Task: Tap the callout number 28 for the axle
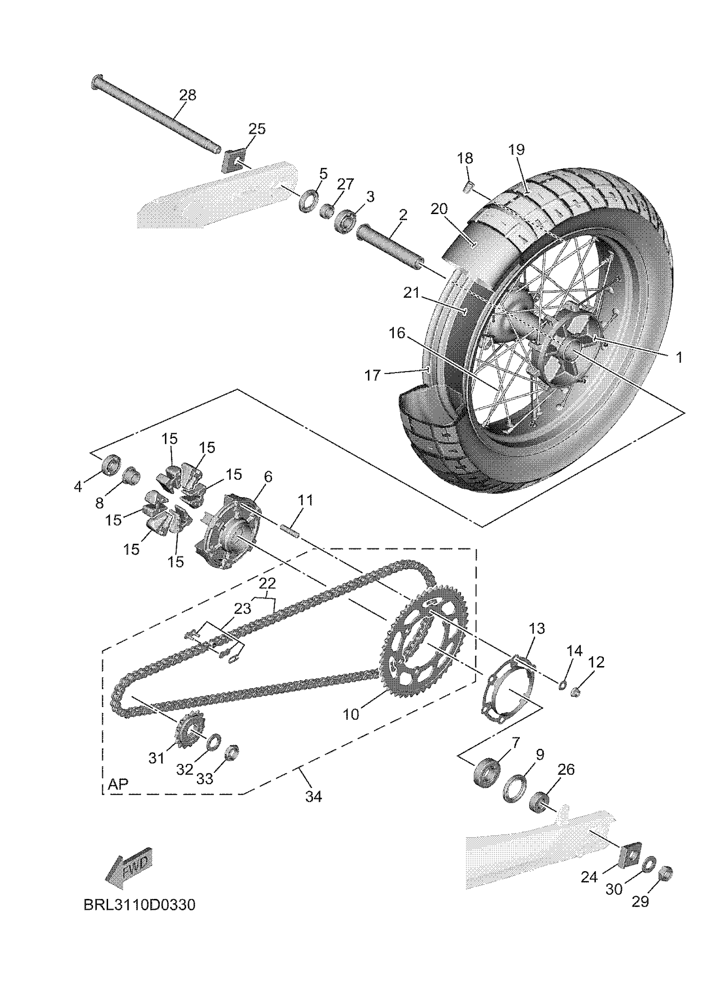pyautogui.click(x=188, y=95)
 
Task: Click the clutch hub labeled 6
pyautogui.click(x=229, y=535)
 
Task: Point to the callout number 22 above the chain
pyautogui.click(x=267, y=583)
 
